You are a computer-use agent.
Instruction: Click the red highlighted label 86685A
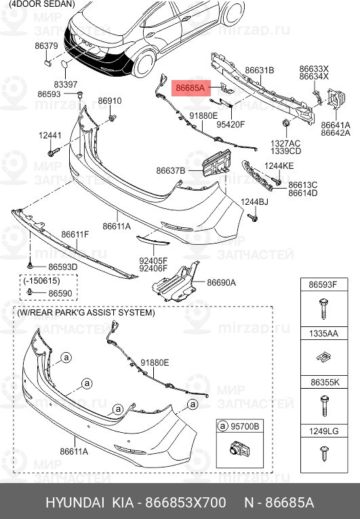(x=191, y=88)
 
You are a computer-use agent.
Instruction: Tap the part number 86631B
(x=260, y=71)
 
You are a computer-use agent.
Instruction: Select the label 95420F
(x=231, y=124)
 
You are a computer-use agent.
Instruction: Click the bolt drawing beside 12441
(x=53, y=153)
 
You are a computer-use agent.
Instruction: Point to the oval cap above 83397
(x=64, y=64)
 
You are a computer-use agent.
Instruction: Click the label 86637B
(x=171, y=171)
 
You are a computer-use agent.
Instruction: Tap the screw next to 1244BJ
(x=253, y=218)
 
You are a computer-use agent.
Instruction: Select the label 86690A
(x=222, y=283)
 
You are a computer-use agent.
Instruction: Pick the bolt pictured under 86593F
(x=323, y=309)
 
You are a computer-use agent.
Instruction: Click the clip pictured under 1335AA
(x=323, y=357)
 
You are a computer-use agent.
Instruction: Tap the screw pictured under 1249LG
(x=324, y=454)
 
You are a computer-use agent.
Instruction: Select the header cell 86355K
(x=325, y=383)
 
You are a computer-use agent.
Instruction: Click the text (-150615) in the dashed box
(x=41, y=281)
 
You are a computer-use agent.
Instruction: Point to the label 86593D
(x=63, y=267)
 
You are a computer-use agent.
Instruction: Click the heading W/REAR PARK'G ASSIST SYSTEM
(x=85, y=313)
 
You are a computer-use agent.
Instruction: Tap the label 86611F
(x=75, y=234)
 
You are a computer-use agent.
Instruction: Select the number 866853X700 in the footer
(x=186, y=503)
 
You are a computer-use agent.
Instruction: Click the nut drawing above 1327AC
(x=285, y=123)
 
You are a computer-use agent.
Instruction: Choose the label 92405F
(x=153, y=261)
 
